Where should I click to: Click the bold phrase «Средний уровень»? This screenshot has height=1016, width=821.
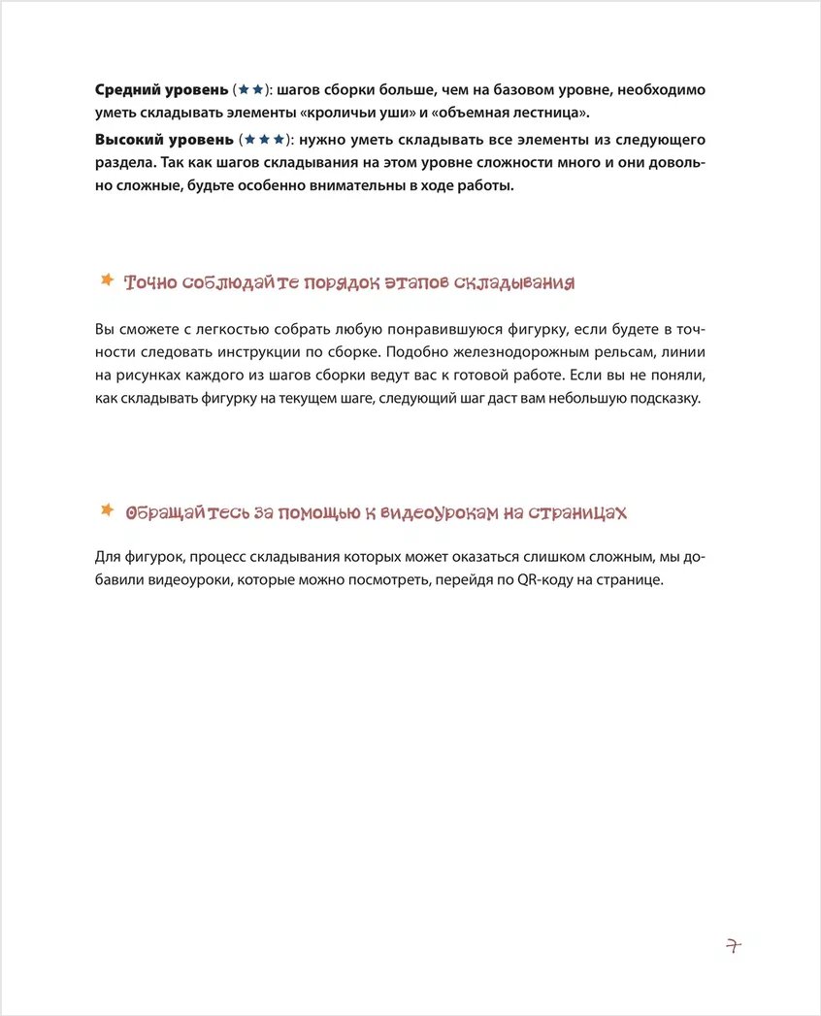coord(162,90)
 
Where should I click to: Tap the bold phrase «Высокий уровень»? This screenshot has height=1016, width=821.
coord(164,141)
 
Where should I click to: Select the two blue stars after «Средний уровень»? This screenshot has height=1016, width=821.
coord(250,90)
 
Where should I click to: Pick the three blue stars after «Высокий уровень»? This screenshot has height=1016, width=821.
coord(265,141)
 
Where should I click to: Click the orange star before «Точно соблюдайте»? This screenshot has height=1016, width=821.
coord(107,280)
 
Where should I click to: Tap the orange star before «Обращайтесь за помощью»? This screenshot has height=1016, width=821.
coord(107,509)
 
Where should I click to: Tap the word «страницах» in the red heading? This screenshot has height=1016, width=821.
coord(578,511)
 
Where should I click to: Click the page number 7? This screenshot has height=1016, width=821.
coord(733,946)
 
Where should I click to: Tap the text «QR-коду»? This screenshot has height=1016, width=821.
coord(518,580)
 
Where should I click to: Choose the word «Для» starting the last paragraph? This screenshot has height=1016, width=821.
coord(107,557)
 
